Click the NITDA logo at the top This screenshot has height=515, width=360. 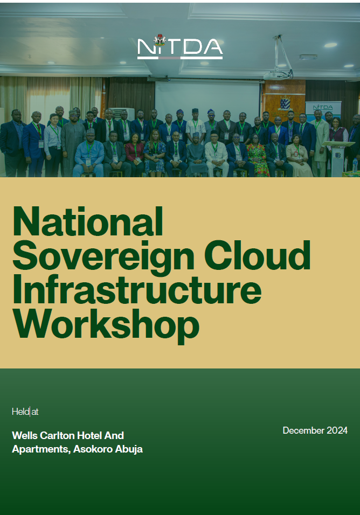[180, 47]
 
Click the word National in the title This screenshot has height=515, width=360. [88, 221]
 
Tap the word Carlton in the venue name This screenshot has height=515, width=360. [57, 435]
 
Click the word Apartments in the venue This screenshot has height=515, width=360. [38, 449]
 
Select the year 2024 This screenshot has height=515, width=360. [337, 430]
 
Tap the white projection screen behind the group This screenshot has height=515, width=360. [207, 100]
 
